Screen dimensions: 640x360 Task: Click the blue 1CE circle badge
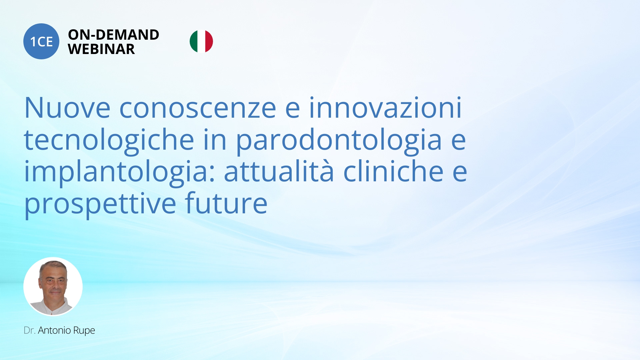[x=41, y=41]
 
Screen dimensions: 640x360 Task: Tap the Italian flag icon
[x=201, y=41]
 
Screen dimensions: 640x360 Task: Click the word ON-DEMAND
[x=114, y=35]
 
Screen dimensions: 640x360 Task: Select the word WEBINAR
[x=101, y=49]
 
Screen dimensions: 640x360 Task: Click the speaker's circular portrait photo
[x=53, y=287]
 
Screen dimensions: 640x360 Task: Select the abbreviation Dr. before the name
[x=30, y=330]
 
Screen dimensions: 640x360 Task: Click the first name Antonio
[x=54, y=330]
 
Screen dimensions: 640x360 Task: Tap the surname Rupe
[x=84, y=331]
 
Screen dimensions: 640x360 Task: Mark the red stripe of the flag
[x=209, y=41]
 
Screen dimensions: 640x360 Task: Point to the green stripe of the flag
[x=194, y=41]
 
